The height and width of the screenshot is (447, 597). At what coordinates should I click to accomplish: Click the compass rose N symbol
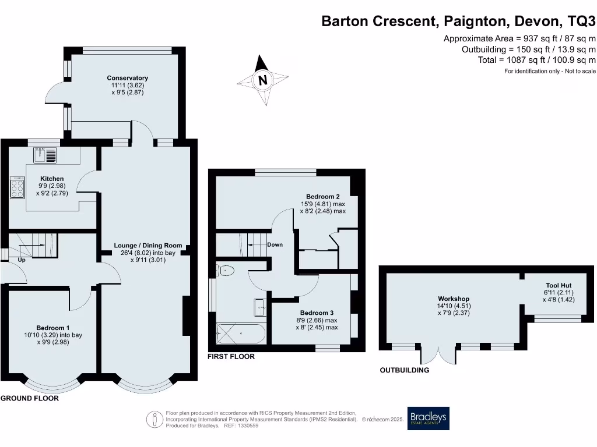[x=262, y=80]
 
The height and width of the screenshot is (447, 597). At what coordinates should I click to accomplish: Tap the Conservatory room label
[x=127, y=78]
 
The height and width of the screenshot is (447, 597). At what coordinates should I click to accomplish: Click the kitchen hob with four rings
[x=17, y=188]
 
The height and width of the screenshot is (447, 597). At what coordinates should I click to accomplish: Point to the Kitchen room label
[x=52, y=179]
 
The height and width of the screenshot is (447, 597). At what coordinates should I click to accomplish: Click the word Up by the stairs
[x=22, y=260]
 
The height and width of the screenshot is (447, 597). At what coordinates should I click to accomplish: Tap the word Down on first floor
[x=275, y=244]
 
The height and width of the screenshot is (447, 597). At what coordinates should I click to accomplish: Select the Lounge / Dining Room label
[x=148, y=246]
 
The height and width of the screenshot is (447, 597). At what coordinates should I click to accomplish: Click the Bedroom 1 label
[x=53, y=327]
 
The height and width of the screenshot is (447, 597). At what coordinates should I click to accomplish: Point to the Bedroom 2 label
[x=322, y=197]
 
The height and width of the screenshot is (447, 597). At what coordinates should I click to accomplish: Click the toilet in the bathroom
[x=225, y=270]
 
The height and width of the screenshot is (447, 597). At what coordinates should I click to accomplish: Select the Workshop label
[x=454, y=299]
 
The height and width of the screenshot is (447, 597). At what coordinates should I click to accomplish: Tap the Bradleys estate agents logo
[x=428, y=418]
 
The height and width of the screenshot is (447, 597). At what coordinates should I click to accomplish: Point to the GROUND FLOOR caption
[x=29, y=399]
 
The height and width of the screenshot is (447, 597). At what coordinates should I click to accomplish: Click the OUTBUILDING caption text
[x=405, y=370]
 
